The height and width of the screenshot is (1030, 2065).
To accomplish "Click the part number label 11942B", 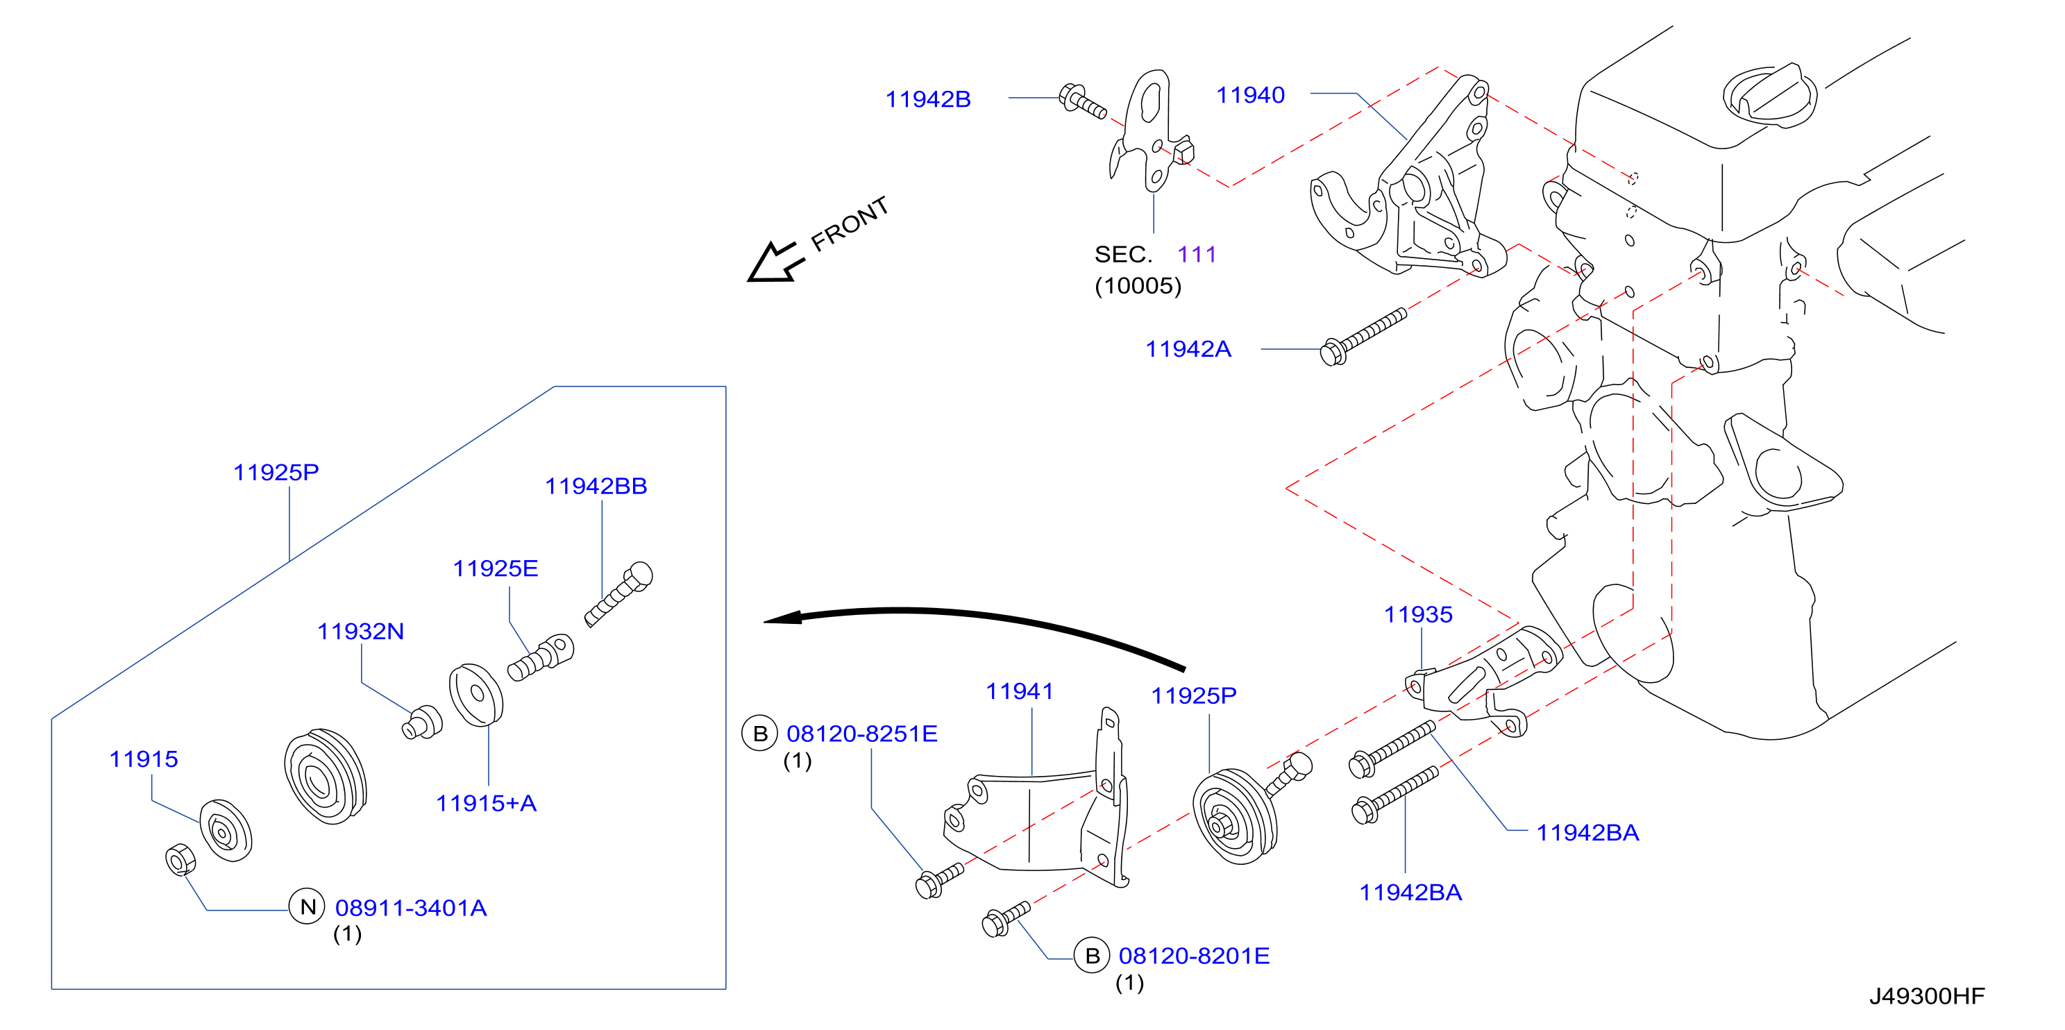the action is (x=927, y=99).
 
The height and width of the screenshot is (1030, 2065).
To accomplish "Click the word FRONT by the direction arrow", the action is (x=850, y=223).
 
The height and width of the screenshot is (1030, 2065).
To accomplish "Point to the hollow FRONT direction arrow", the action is (x=773, y=262).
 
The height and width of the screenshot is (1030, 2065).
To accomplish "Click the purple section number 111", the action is (x=1197, y=255).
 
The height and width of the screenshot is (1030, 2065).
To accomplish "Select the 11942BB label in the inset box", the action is (x=596, y=487).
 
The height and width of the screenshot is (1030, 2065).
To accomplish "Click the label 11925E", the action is (x=496, y=569).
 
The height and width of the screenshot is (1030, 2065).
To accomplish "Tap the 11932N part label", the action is (x=361, y=632).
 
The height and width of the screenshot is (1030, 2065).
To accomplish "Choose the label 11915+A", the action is (x=486, y=803).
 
